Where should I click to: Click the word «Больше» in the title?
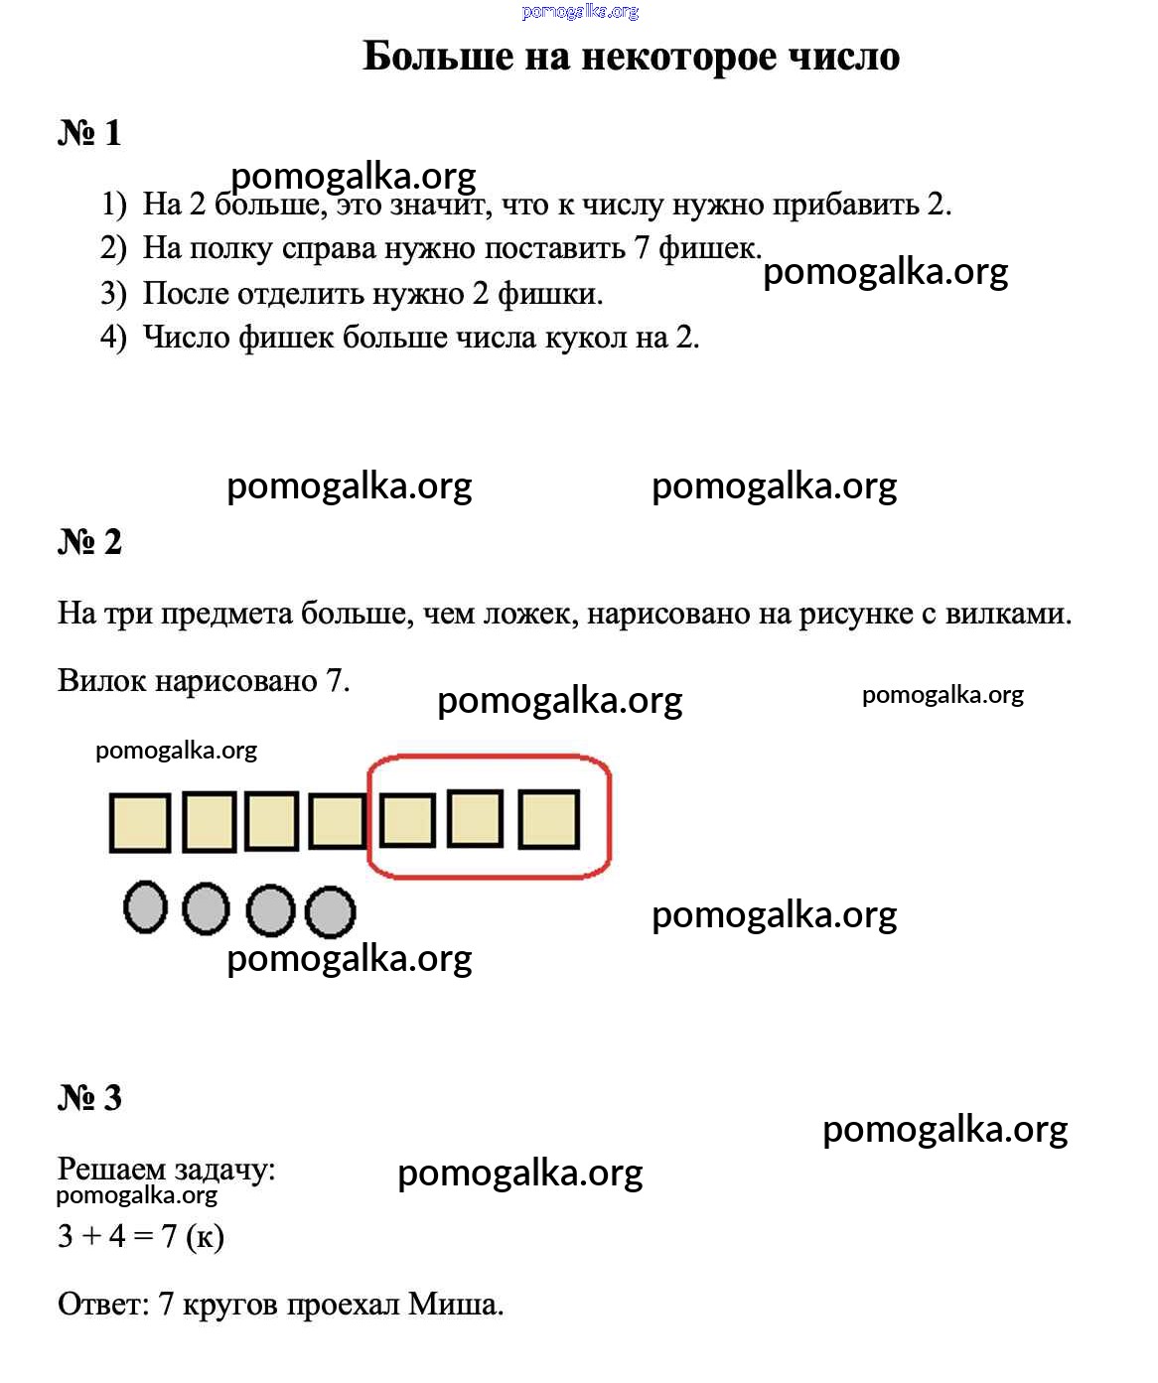tap(438, 57)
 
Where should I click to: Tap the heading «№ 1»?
tap(89, 132)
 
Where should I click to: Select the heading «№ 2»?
tap(89, 542)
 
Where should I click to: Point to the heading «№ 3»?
tap(89, 1097)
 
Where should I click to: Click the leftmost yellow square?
tap(140, 823)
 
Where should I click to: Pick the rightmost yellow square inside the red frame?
tap(548, 819)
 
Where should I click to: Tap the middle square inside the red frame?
tap(475, 819)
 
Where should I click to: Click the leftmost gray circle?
tap(145, 906)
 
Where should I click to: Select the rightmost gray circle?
tap(330, 912)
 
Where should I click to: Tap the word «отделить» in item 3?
tap(301, 294)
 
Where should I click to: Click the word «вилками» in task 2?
tap(1008, 614)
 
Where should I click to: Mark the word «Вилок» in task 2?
tap(101, 681)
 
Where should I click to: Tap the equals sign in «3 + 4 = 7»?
tap(143, 1237)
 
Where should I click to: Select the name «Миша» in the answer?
tap(455, 1305)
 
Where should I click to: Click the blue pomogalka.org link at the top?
tap(580, 11)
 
